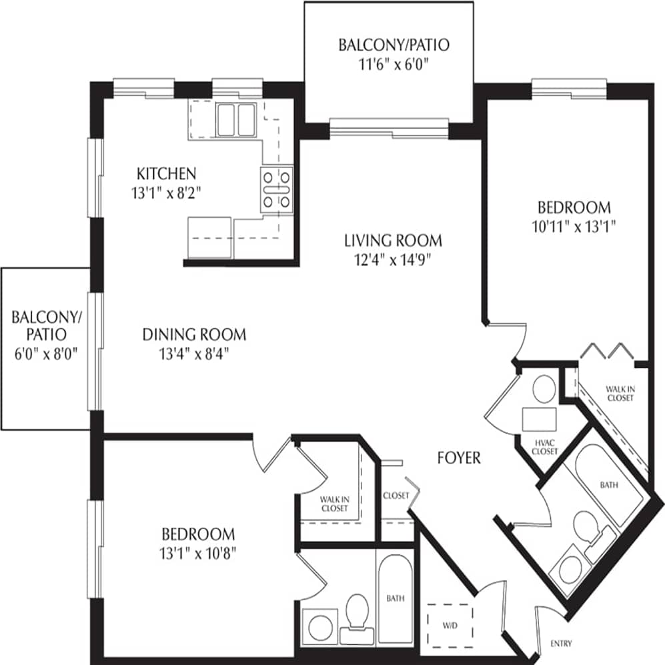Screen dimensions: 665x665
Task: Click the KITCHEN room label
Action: tap(166, 174)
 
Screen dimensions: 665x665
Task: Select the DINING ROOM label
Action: tap(194, 334)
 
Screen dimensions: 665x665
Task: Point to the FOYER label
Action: tap(459, 458)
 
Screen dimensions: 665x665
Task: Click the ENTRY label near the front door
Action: tap(561, 644)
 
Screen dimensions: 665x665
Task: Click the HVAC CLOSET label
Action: tap(544, 447)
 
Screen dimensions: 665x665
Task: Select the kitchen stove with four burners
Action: tap(277, 189)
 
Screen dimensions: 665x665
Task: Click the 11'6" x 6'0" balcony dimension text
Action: tap(393, 65)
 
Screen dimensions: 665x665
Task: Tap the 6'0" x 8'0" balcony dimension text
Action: tap(45, 353)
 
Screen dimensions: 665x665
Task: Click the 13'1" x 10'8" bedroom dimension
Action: tap(198, 552)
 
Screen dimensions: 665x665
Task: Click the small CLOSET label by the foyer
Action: tap(396, 496)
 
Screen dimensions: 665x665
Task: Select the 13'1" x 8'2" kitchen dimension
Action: tap(166, 193)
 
